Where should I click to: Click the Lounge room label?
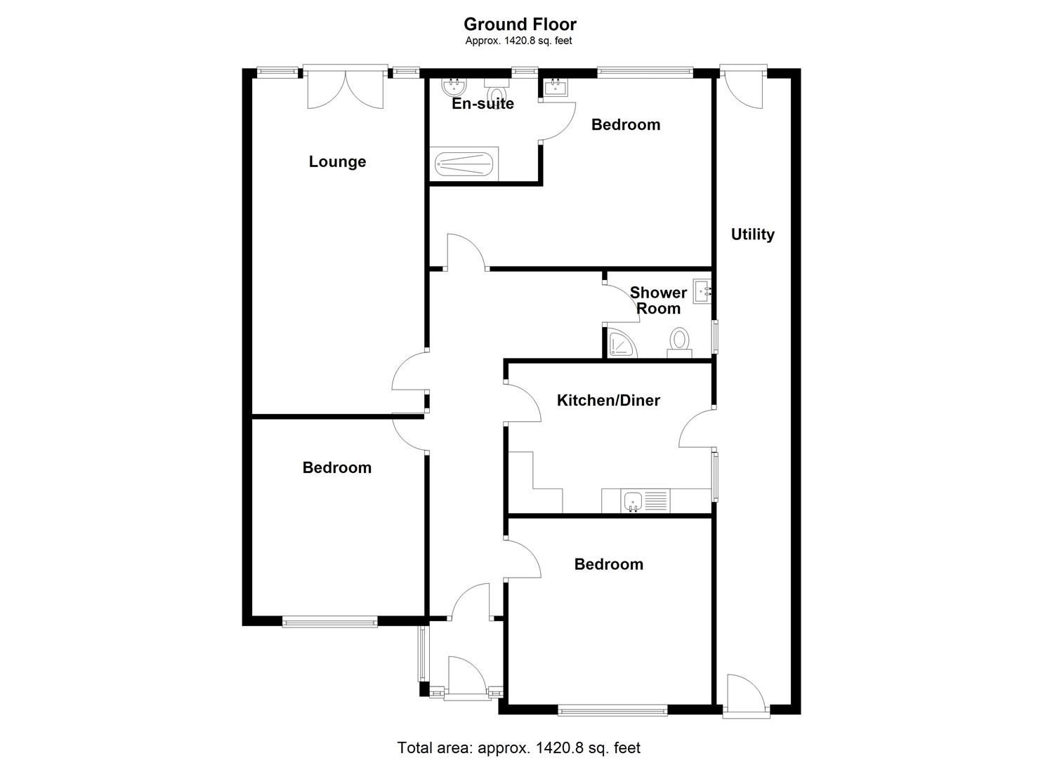tap(337, 161)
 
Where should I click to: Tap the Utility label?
tap(752, 234)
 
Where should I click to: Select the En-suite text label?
tap(483, 104)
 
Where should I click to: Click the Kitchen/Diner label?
tap(608, 400)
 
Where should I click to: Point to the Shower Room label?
tap(658, 300)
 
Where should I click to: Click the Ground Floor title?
tap(520, 25)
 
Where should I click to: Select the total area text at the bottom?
tap(519, 747)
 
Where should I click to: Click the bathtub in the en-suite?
tap(464, 165)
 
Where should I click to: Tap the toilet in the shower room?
tap(679, 340)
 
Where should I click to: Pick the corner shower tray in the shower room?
tap(621, 343)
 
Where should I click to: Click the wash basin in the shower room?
tap(702, 291)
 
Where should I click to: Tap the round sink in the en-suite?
tap(453, 87)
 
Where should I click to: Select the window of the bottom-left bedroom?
tap(329, 621)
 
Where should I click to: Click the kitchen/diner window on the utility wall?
tap(716, 476)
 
